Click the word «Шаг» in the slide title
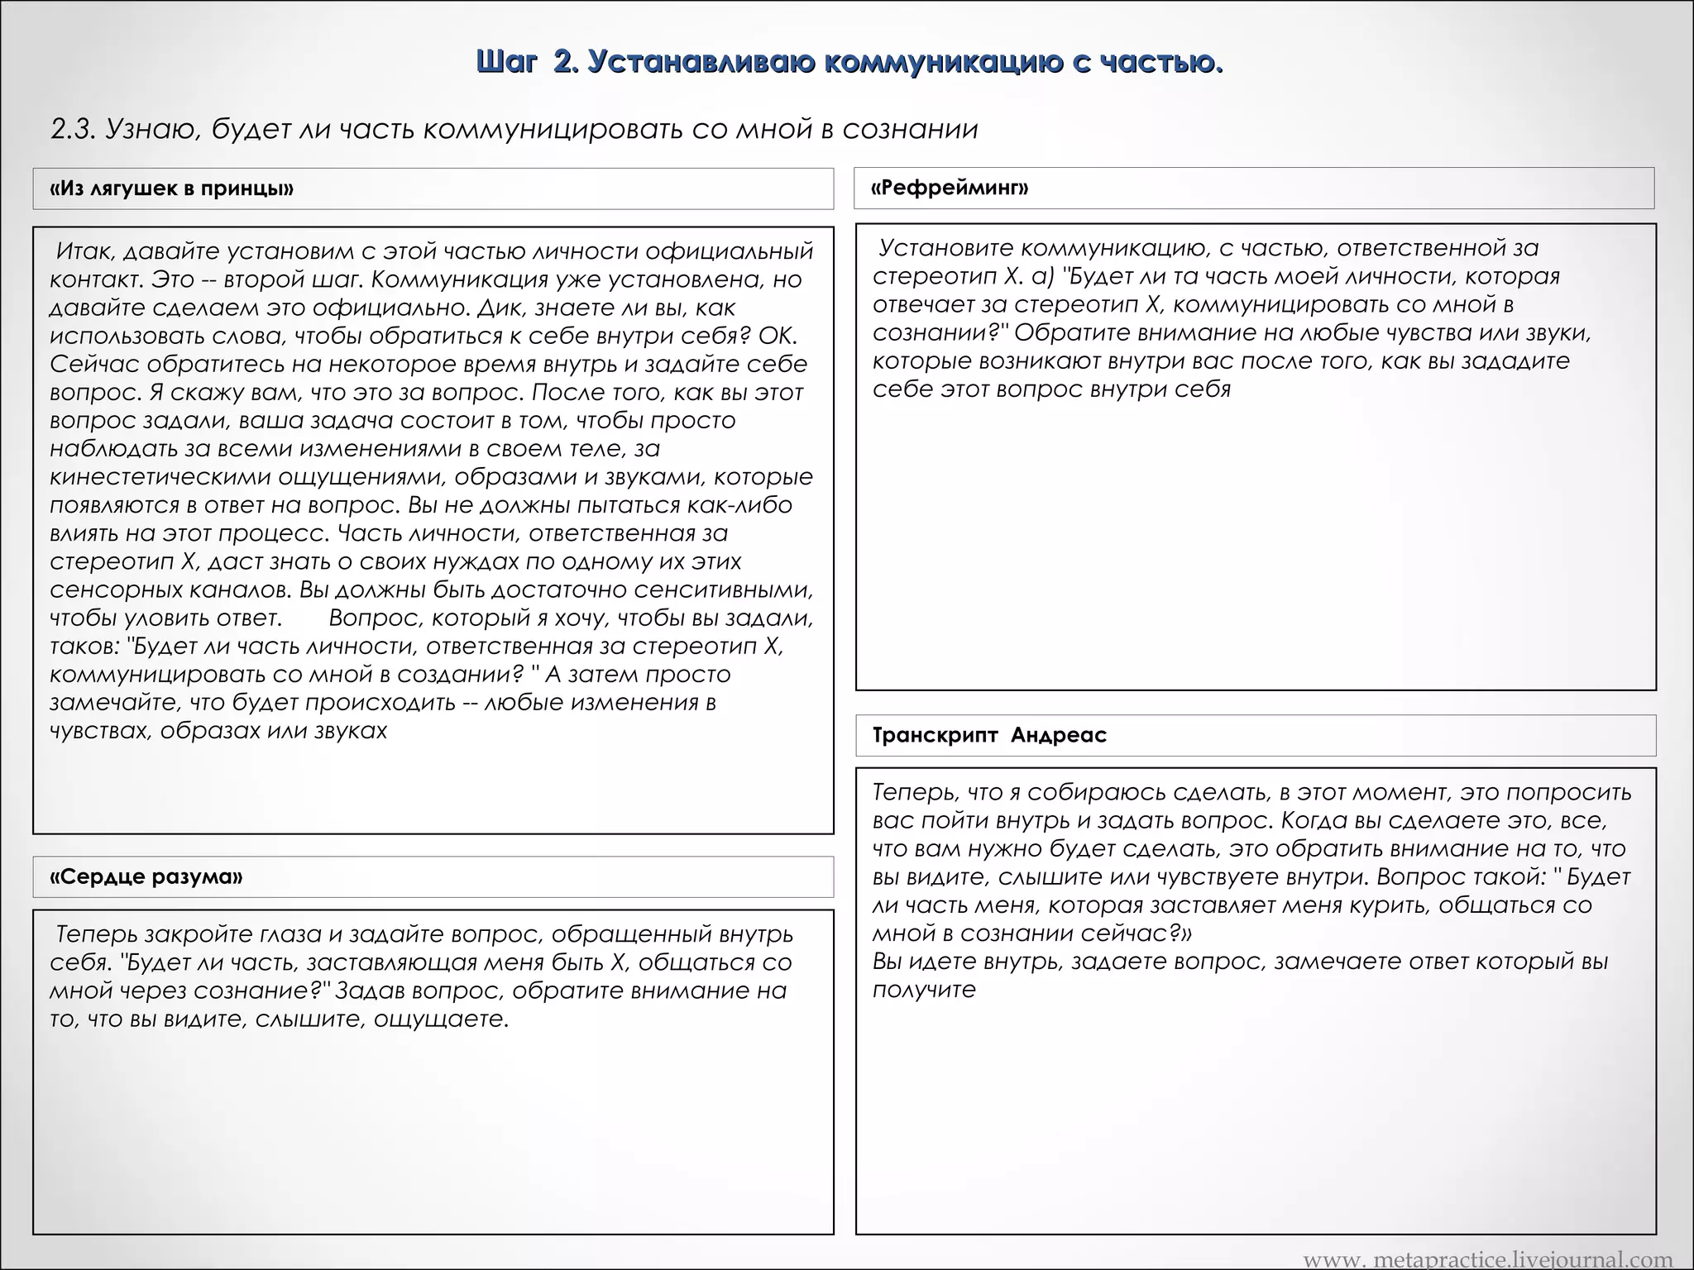point(506,62)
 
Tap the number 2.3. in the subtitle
point(74,130)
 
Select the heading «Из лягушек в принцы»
point(172,189)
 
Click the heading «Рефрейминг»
point(950,188)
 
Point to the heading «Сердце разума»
point(146,876)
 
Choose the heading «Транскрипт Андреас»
point(989,735)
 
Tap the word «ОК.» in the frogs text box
point(778,337)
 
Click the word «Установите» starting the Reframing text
point(942,248)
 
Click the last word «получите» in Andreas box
point(924,990)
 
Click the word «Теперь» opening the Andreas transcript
point(913,793)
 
